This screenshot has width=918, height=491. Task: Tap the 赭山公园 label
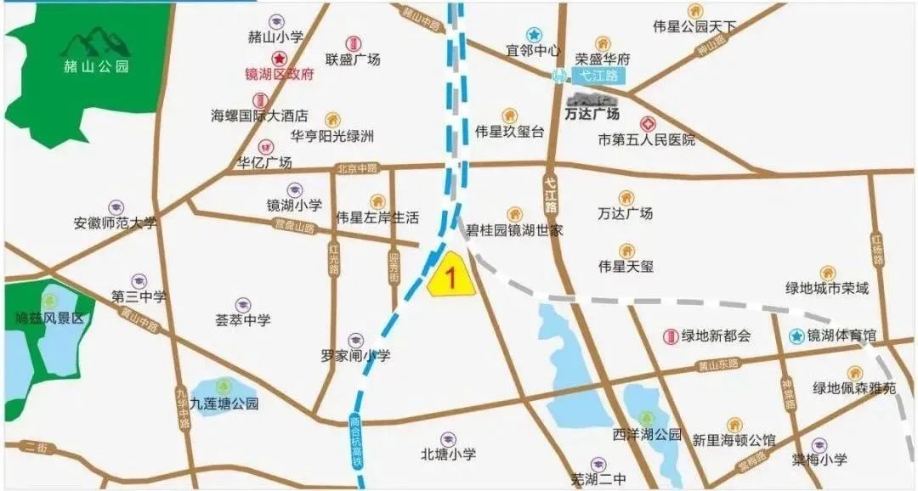coord(96,66)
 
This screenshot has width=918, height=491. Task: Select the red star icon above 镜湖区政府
coord(279,58)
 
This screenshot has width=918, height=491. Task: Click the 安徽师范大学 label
coord(116,224)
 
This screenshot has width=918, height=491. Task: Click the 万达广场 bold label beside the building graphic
coord(592,113)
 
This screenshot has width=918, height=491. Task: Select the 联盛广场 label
coord(353,59)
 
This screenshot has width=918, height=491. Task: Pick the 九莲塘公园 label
coord(224,404)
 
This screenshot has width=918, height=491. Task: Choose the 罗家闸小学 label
coord(355,357)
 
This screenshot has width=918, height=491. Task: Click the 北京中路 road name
coord(355,168)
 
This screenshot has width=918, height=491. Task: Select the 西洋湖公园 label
coord(648,435)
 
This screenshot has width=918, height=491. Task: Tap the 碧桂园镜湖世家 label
coord(513,230)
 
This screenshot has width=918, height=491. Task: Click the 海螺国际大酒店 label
coord(259,116)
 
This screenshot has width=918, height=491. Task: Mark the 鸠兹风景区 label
coord(51,319)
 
